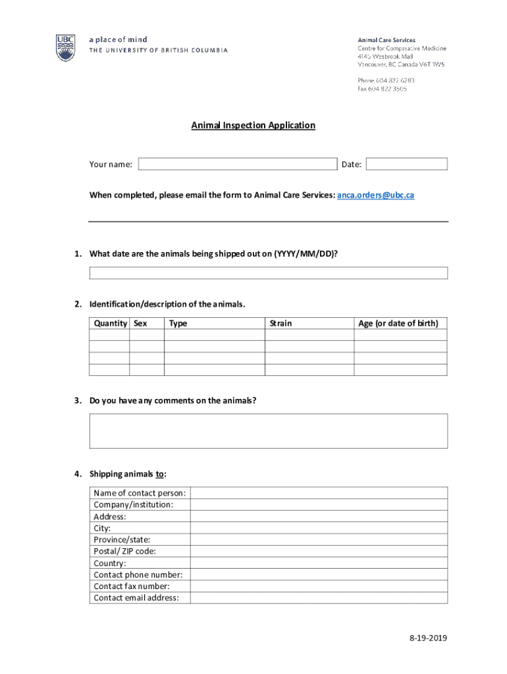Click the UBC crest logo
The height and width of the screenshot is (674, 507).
pyautogui.click(x=65, y=47)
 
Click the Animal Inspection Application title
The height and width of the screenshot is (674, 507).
pyautogui.click(x=254, y=125)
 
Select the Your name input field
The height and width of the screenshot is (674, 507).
pyautogui.click(x=237, y=164)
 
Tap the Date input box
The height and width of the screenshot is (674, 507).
pyautogui.click(x=406, y=164)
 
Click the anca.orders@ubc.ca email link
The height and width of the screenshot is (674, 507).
pyautogui.click(x=375, y=195)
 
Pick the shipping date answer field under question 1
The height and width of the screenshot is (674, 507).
pyautogui.click(x=268, y=273)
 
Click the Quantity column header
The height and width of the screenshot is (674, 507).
pyautogui.click(x=110, y=323)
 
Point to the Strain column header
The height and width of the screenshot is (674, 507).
pyautogui.click(x=280, y=323)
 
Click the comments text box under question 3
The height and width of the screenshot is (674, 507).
pyautogui.click(x=268, y=430)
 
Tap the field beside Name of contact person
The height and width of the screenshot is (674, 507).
pyautogui.click(x=319, y=493)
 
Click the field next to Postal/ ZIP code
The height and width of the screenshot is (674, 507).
pyautogui.click(x=319, y=552)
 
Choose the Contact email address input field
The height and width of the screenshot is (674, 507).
pyautogui.click(x=319, y=598)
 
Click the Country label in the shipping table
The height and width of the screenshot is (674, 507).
pyautogui.click(x=109, y=563)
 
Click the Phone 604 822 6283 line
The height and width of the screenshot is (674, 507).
pyautogui.click(x=386, y=80)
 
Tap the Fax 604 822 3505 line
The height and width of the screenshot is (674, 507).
pyautogui.click(x=382, y=89)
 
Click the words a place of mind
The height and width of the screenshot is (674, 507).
pyautogui.click(x=118, y=39)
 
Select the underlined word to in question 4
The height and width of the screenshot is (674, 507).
pyautogui.click(x=159, y=474)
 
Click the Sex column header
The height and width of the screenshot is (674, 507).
pyautogui.click(x=140, y=323)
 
